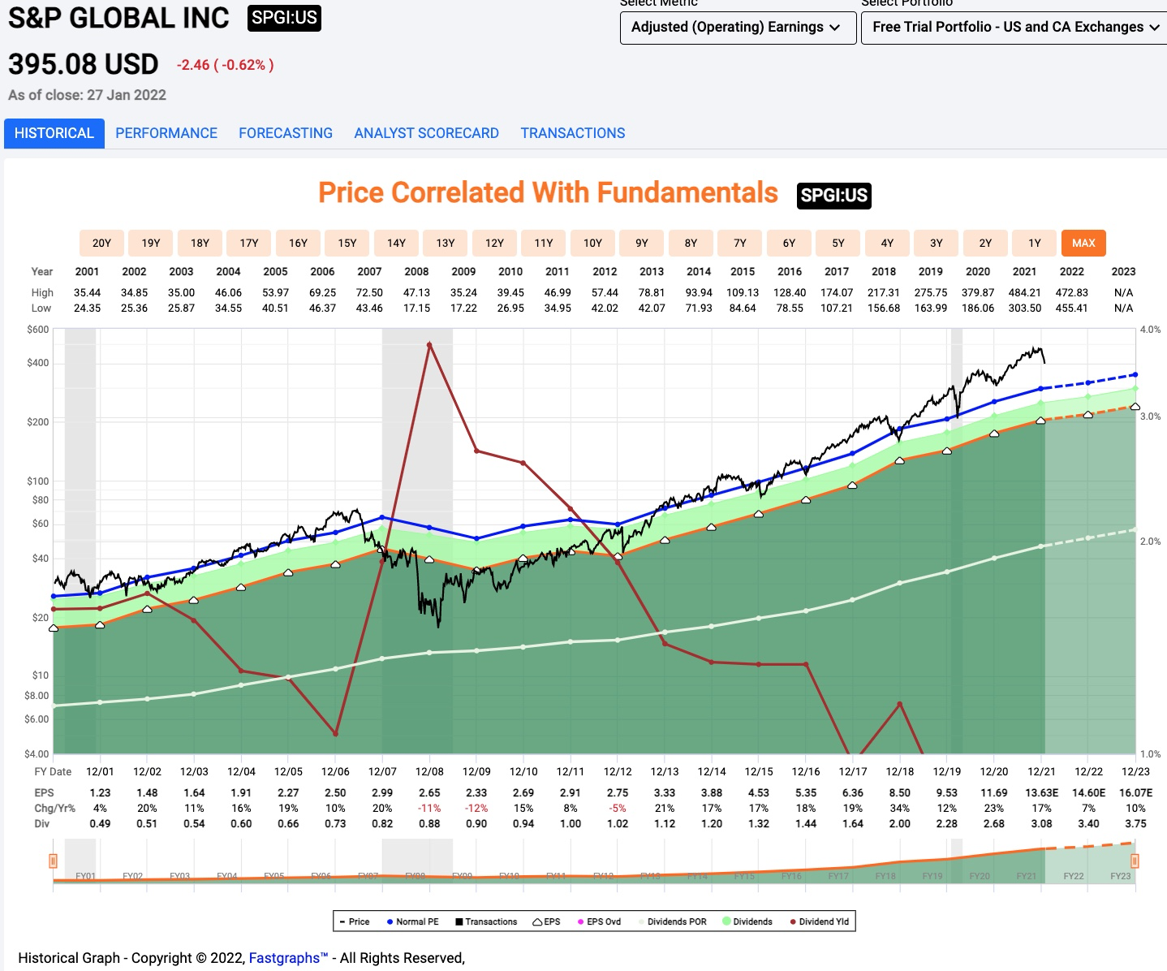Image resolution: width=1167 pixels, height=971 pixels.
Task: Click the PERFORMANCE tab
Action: (166, 133)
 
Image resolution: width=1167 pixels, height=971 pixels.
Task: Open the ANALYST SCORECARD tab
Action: (426, 133)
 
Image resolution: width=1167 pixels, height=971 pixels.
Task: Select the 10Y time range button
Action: (592, 243)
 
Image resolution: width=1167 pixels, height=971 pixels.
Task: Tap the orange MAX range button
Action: (1083, 243)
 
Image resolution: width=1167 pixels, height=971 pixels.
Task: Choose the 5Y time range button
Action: (838, 243)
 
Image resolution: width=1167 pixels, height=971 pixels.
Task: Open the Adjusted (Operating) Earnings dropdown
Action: (737, 28)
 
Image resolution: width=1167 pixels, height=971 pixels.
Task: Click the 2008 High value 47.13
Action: (416, 292)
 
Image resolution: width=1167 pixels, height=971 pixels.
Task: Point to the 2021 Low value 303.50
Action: (1024, 308)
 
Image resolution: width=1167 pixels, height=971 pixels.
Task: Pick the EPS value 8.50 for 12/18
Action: (900, 792)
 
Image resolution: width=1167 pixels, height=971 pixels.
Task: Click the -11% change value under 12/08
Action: (429, 808)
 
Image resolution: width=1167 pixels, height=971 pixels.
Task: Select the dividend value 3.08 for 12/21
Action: (1041, 823)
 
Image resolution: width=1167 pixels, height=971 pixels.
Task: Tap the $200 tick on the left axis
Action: (37, 422)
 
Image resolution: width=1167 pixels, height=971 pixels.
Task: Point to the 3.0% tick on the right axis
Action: (1150, 416)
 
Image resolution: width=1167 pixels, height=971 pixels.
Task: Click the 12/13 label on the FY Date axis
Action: (665, 771)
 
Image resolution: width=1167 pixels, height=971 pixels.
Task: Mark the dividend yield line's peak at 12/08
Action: (429, 344)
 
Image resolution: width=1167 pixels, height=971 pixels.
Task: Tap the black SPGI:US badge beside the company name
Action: (284, 18)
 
